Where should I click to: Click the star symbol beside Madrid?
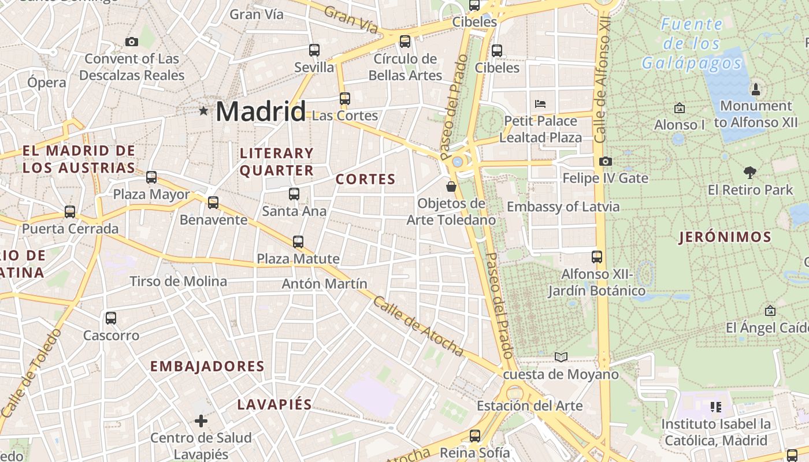[x=203, y=110]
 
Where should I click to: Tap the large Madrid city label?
[x=261, y=111]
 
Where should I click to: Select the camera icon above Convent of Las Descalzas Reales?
[x=132, y=42]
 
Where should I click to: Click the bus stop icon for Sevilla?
[x=314, y=50]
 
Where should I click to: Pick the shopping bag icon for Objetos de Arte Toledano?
[x=451, y=187]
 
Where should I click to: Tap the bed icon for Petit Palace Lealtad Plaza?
[x=540, y=104]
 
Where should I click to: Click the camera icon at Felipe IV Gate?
[x=605, y=161]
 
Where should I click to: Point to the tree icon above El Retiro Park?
[x=750, y=172]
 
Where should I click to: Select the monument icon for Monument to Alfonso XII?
[x=755, y=89]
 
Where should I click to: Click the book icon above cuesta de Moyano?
[x=561, y=357]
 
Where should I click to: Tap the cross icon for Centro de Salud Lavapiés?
[x=201, y=421]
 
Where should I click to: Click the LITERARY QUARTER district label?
[x=277, y=162]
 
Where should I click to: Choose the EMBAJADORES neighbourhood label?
[x=207, y=366]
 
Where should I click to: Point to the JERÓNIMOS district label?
[x=725, y=237]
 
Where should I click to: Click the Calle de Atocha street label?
[x=418, y=326]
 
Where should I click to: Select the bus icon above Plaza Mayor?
[x=151, y=177]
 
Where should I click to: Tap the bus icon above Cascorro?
[x=111, y=318]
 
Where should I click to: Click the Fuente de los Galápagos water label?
[x=692, y=43]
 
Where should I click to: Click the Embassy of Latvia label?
[x=563, y=207]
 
